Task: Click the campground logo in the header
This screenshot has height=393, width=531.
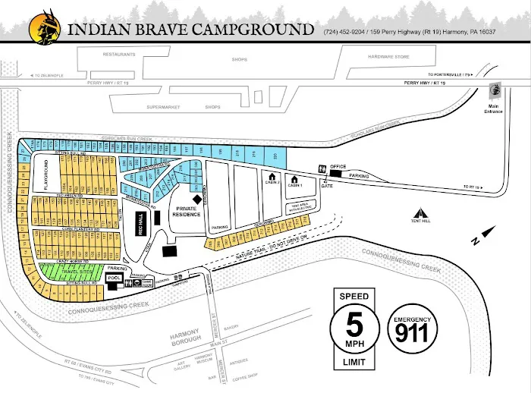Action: (45, 28)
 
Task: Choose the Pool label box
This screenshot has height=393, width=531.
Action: (115, 278)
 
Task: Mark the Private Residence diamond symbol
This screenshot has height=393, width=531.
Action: (196, 199)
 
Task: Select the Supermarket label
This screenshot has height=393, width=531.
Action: (161, 107)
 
